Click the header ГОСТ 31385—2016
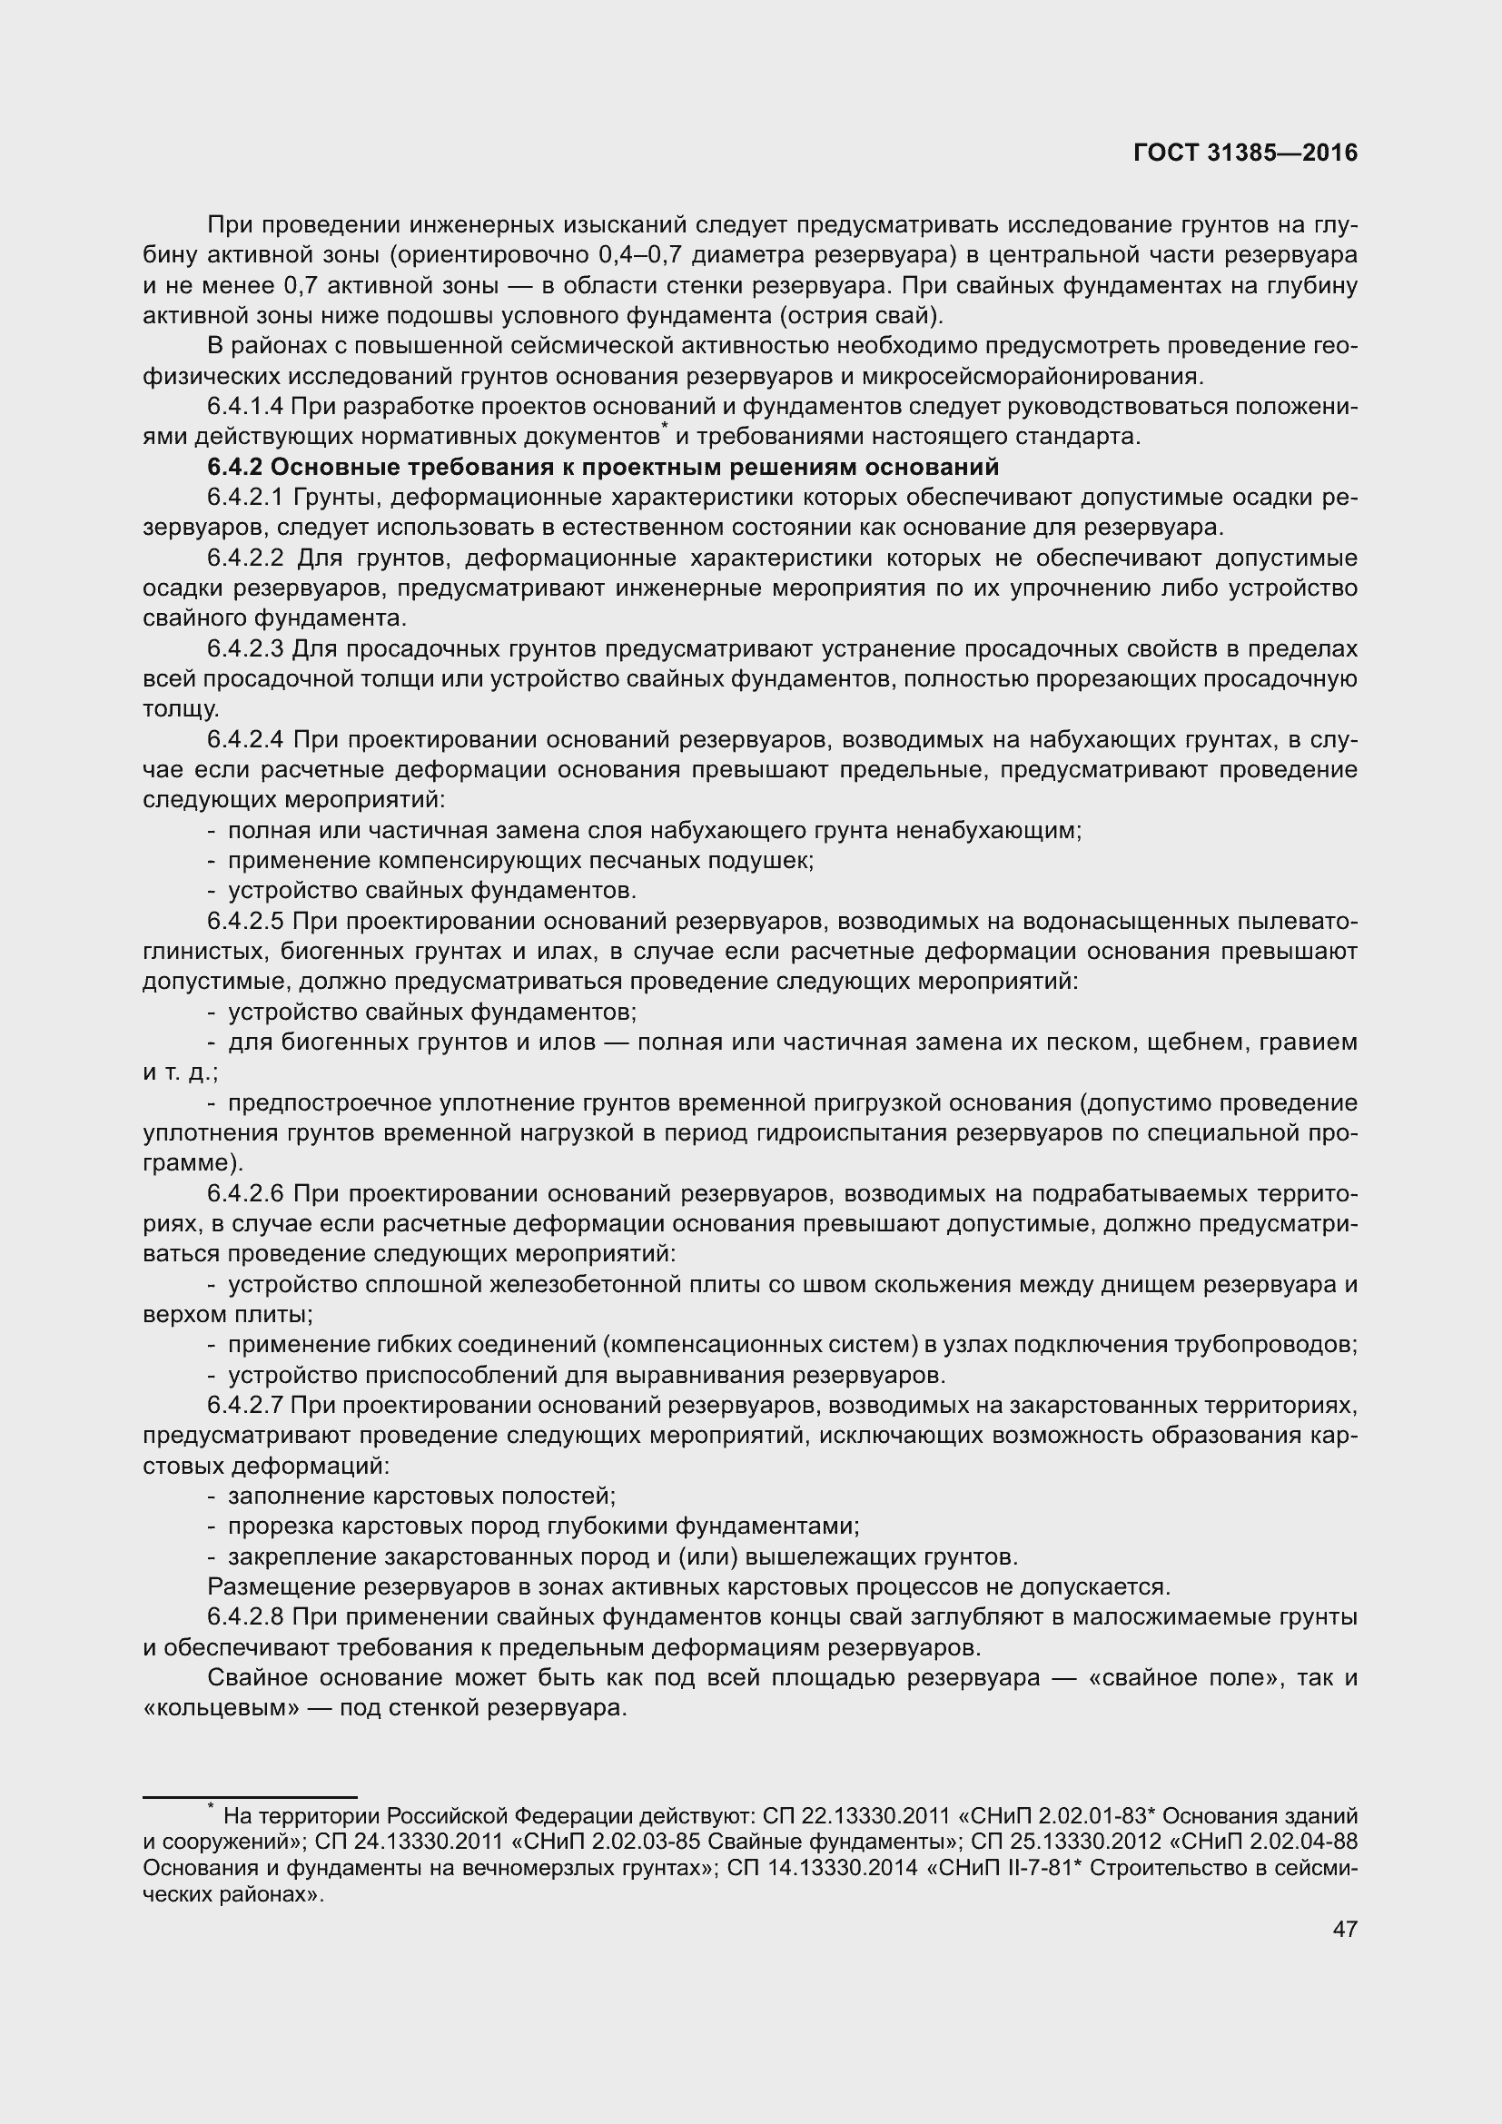(x=1245, y=153)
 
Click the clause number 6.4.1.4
(x=246, y=406)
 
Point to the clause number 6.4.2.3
(x=246, y=648)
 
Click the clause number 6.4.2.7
(x=246, y=1405)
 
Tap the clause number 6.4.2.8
(x=246, y=1617)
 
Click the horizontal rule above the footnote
(x=250, y=1796)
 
